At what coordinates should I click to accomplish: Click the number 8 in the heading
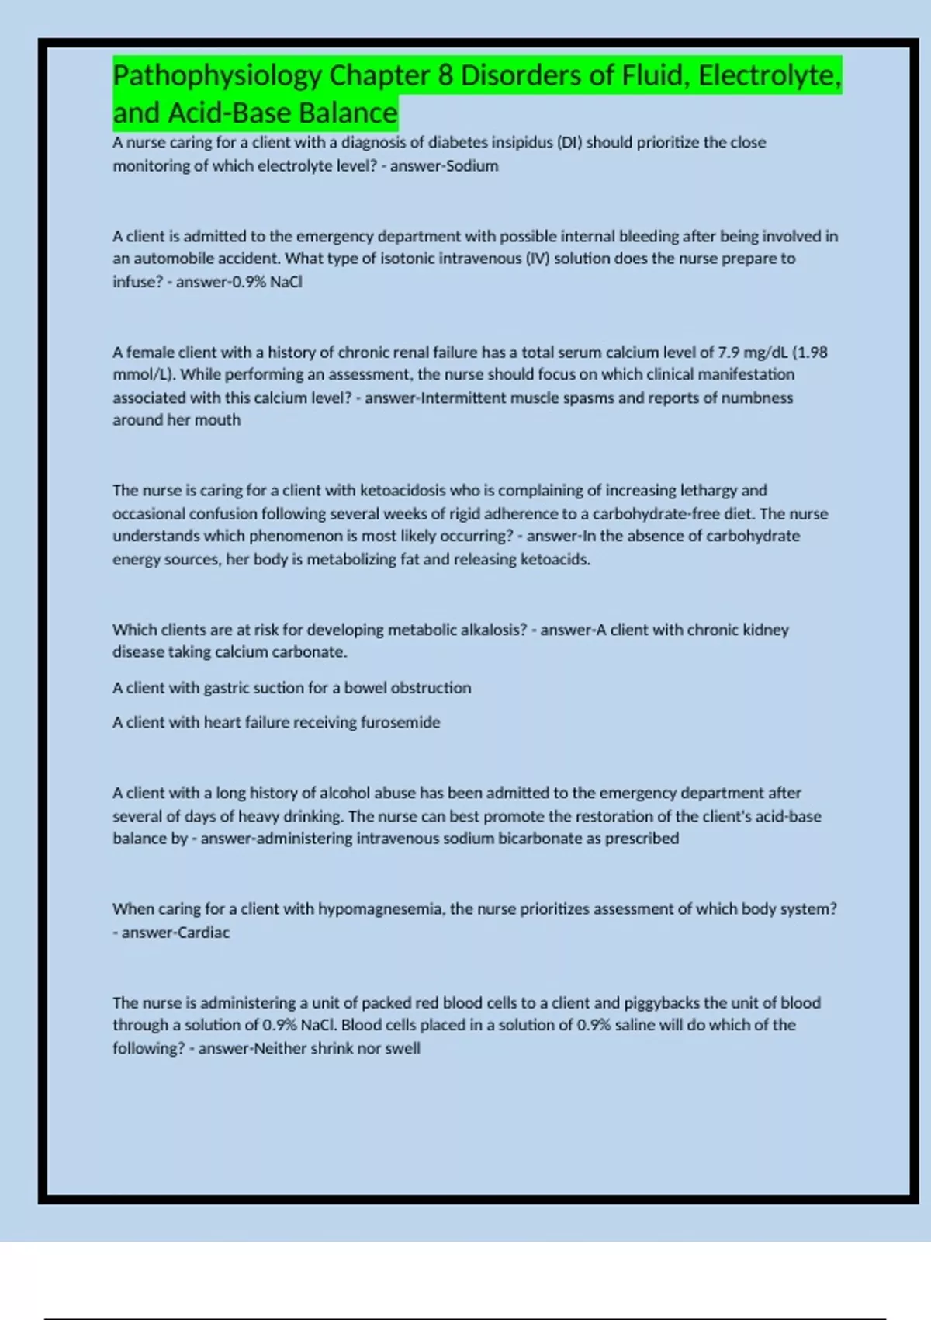point(445,76)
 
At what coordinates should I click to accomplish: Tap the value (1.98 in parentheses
point(810,353)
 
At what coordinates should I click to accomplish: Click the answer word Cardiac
point(204,933)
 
